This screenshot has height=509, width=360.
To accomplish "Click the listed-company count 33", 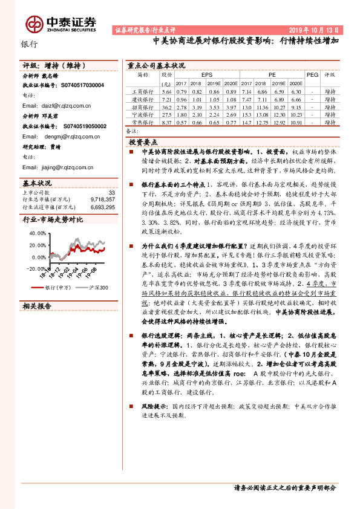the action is coord(111,192).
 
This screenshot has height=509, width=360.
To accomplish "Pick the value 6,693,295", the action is coord(102,206).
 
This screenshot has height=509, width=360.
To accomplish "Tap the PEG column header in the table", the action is coord(312,76).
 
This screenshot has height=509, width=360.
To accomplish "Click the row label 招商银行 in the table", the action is coord(143,106).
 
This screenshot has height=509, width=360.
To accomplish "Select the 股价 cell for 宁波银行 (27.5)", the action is coord(166,114).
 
